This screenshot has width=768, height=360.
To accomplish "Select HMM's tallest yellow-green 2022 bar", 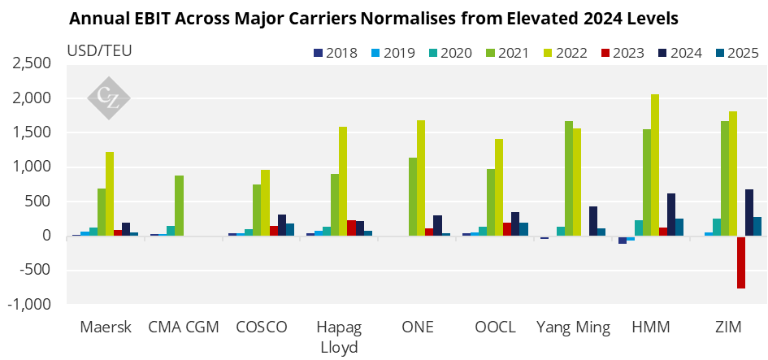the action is [655, 166].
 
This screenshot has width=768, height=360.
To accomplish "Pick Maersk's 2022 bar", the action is [110, 194].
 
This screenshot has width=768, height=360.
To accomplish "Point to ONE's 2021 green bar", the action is [413, 197].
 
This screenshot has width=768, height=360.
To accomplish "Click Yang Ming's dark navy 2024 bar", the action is [593, 221].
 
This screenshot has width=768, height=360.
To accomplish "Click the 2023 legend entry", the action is [623, 53].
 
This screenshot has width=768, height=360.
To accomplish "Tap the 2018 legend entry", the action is [335, 53].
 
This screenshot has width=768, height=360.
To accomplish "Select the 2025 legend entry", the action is [737, 53].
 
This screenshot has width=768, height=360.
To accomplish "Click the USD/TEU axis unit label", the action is [99, 50].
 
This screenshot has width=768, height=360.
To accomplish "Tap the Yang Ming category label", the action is [574, 327].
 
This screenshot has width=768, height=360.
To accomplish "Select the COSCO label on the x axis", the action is [261, 327].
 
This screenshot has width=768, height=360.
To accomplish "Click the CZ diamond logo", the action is [109, 98].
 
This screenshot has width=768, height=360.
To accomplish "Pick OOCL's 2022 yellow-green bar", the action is [499, 188].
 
